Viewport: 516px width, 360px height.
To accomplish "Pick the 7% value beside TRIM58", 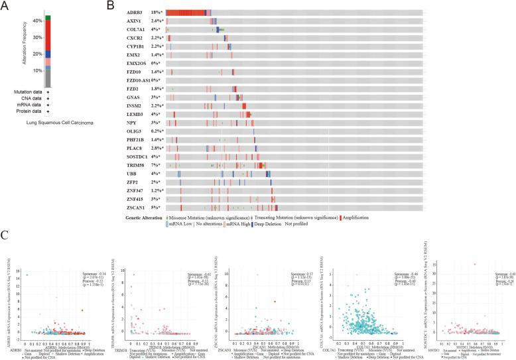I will tap(157, 164).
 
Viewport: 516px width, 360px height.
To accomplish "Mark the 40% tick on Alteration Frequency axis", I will tap(37, 21).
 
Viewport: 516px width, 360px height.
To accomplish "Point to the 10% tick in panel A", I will tap(37, 70).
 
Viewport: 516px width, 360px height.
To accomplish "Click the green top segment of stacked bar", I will tap(48, 16).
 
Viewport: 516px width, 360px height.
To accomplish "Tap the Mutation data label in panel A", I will tap(28, 91).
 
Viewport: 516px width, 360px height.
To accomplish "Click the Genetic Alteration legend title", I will tap(144, 217).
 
